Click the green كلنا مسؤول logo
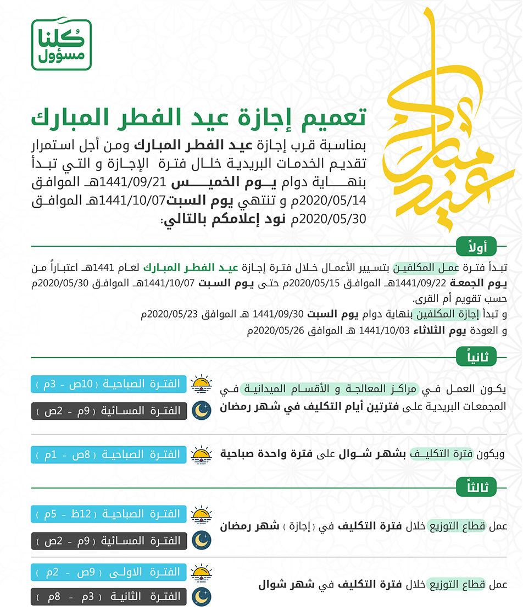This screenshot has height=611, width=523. (61, 45)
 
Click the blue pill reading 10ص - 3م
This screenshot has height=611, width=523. (108, 384)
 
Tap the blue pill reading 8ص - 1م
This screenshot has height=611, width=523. (108, 454)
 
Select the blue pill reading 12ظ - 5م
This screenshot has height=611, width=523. (108, 514)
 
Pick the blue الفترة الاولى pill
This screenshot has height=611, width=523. (108, 573)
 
